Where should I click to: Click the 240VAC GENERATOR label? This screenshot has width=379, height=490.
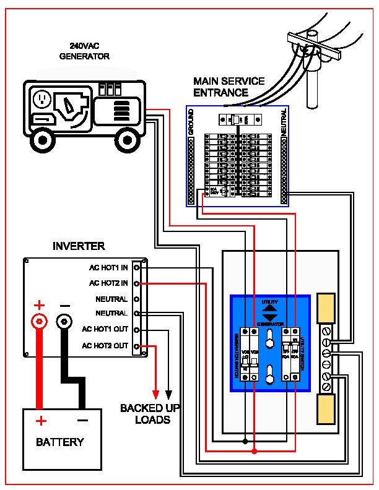[x=84, y=51]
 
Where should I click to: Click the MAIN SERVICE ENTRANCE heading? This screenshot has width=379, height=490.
[x=229, y=87]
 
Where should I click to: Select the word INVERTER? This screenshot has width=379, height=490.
[x=79, y=246]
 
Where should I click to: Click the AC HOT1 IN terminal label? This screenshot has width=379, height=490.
[x=108, y=268]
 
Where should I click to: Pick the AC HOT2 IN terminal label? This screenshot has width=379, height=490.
[x=108, y=283]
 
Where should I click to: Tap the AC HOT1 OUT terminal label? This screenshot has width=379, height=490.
[x=106, y=330]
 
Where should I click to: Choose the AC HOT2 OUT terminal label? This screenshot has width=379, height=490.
[x=106, y=346]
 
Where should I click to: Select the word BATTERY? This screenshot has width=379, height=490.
[x=59, y=442]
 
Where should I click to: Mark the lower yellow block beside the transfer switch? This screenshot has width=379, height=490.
[x=326, y=409]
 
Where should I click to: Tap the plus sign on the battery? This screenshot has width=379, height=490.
[x=40, y=421]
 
